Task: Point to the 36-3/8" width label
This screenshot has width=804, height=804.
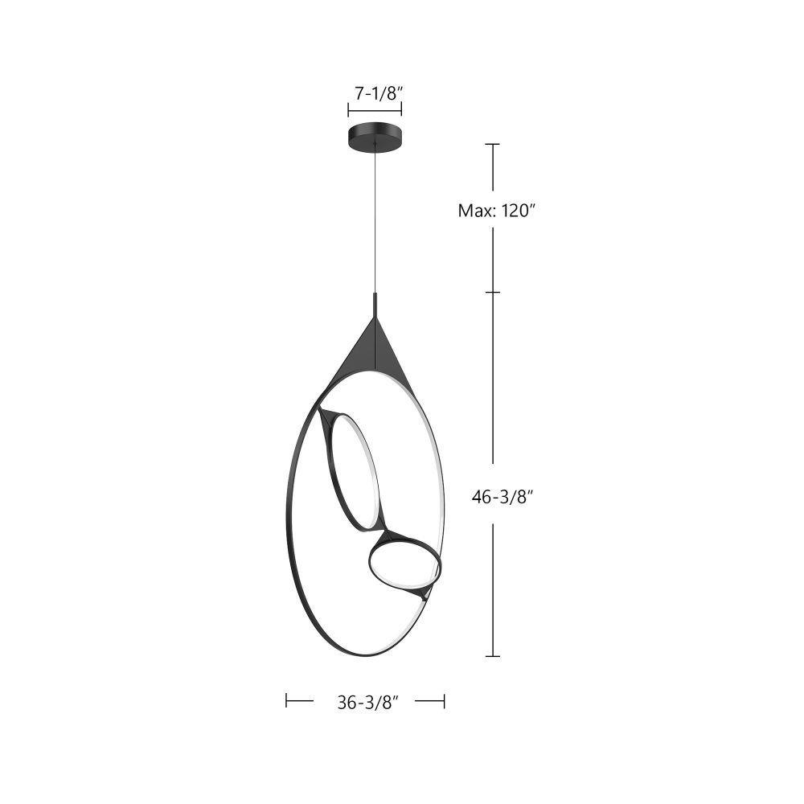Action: (x=367, y=703)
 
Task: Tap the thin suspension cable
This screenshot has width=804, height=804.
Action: (x=375, y=220)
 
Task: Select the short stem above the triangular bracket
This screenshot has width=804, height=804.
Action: (x=375, y=305)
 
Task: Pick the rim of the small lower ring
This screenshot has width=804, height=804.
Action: (x=370, y=565)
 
